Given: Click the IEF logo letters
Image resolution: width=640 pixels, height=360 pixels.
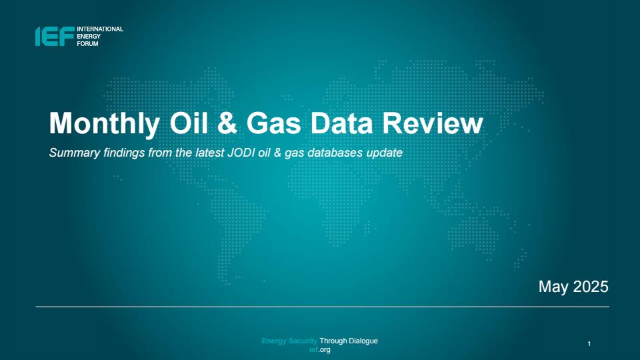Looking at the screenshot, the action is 55,36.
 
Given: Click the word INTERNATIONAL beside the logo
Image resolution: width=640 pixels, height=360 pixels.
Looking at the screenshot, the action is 100,29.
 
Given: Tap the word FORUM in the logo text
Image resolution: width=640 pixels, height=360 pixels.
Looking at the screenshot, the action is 87,44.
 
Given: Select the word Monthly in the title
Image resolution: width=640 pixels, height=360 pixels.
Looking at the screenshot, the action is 105,123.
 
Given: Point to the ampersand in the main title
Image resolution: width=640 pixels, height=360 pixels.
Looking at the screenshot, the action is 227,123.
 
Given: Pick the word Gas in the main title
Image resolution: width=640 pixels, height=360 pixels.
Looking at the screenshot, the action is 274,123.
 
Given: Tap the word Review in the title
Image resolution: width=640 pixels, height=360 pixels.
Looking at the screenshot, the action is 433,123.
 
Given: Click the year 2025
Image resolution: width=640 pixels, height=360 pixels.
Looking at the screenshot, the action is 591,287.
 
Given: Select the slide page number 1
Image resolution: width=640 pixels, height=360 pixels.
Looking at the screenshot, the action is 589,344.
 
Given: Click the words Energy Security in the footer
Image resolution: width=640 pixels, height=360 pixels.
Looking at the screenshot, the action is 289,341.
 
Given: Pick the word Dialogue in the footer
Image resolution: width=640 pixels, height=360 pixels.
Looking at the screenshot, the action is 363,341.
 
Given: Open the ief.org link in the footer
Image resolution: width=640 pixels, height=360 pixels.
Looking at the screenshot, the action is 319,350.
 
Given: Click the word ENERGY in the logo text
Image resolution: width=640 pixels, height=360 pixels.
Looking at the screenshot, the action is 89,36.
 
